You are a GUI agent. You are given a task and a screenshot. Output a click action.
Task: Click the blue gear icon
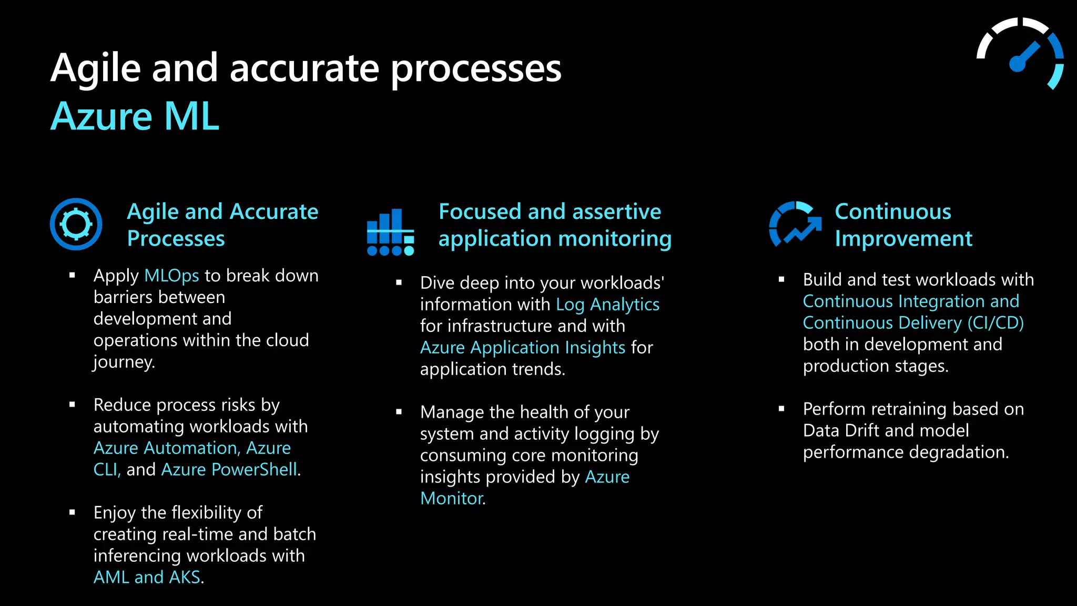point(76,224)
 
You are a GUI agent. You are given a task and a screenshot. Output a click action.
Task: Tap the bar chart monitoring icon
point(390,232)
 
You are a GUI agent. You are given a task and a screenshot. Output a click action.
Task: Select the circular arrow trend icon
point(795,225)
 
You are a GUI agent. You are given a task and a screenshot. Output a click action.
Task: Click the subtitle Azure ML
point(135,116)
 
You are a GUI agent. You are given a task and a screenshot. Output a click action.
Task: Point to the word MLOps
point(171,276)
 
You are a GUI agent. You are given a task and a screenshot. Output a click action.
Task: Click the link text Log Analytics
point(607,305)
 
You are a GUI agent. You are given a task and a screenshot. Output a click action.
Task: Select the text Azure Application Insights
point(523,348)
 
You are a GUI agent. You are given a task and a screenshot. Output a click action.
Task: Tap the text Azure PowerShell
point(229,469)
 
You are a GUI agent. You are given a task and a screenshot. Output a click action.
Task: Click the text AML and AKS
point(147,577)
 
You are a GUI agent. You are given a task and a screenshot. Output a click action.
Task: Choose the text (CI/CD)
point(995,322)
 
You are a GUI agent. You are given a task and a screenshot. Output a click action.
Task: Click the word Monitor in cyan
point(451,498)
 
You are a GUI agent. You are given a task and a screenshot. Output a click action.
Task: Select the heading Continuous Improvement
point(903,225)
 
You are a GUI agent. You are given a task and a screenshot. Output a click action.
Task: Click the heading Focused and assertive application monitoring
point(555,225)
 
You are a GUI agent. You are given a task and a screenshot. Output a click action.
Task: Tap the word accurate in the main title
point(304,68)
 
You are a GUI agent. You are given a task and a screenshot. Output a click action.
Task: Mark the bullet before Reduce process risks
point(73,405)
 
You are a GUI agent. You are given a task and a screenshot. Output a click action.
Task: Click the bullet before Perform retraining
point(781,409)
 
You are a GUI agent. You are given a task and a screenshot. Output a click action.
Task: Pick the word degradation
point(957,452)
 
